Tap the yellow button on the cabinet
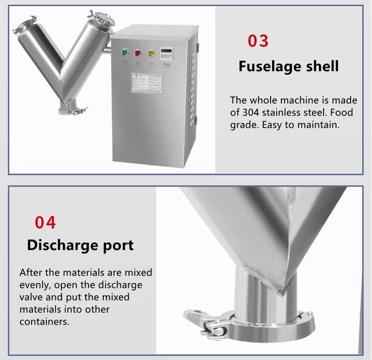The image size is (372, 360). point(151,52)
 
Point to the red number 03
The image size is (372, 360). point(258,41)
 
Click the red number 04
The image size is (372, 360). point(46,223)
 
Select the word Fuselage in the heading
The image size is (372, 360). point(269,66)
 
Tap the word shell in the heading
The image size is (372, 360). point(321,66)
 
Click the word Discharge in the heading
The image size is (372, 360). point(64,245)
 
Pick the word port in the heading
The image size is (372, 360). point(118,246)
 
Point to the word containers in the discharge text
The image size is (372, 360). point(44,321)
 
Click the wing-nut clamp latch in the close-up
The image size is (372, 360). point(205,323)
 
